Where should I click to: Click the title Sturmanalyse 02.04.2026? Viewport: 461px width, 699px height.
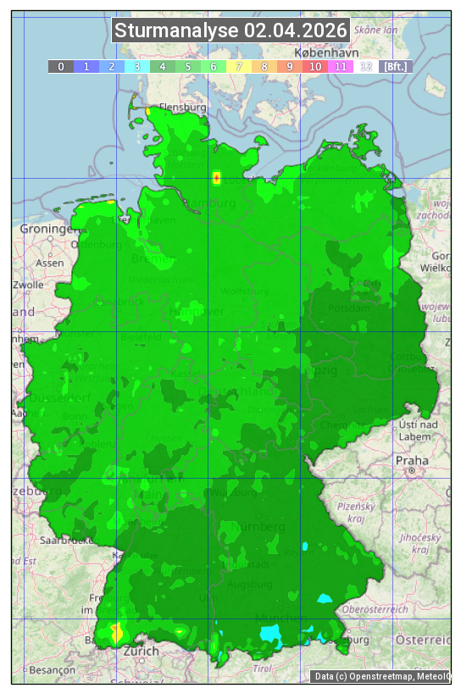coord(230,31)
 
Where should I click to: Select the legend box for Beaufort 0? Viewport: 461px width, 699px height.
coord(61,66)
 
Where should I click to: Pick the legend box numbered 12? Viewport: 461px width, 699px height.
coord(365,66)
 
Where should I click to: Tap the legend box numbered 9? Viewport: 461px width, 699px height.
coord(289,66)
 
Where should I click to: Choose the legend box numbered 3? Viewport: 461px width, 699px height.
coord(137,66)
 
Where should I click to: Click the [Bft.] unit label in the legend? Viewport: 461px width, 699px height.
coord(395,66)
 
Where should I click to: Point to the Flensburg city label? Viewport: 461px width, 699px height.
coord(183,108)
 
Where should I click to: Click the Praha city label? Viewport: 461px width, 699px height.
coord(411,461)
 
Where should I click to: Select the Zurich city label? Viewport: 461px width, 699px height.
coord(141,651)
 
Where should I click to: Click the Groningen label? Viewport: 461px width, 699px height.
coord(47,229)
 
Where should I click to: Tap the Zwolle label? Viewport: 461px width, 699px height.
coord(28,285)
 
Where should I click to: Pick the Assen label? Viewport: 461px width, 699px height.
coord(50,263)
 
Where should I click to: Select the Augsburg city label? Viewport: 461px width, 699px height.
coord(250,585)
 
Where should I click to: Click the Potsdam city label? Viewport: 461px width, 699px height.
coord(353,308)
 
